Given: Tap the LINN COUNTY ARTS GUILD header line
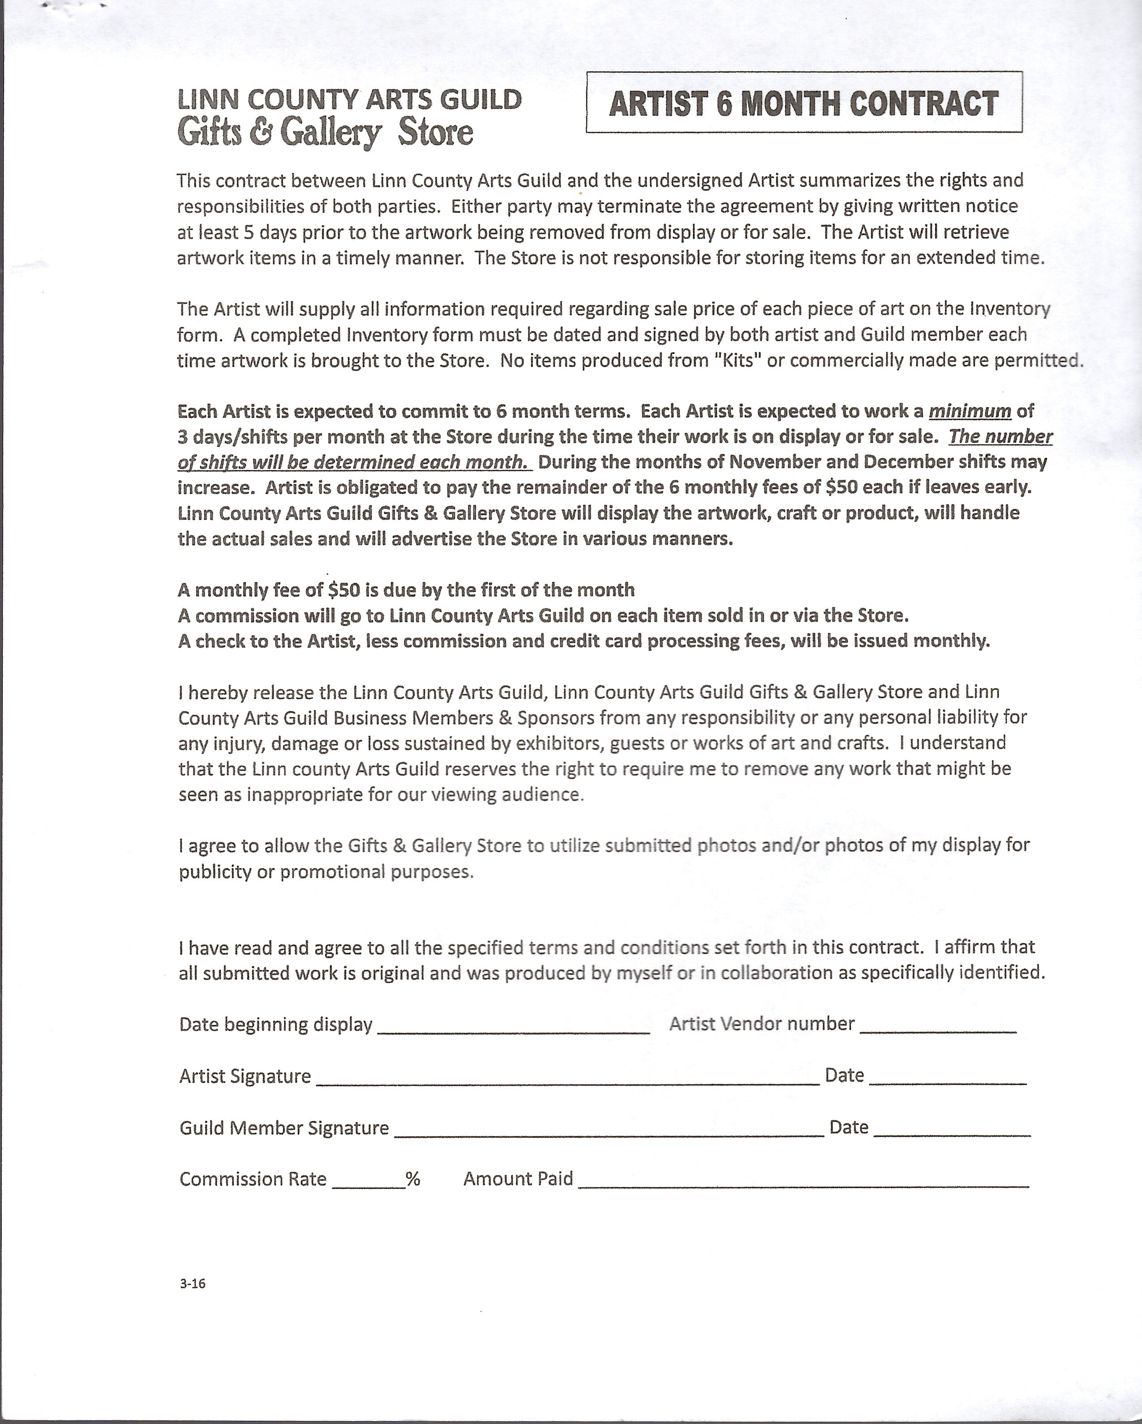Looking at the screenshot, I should coord(349,100).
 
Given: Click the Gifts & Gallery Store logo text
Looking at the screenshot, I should coord(325,132).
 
